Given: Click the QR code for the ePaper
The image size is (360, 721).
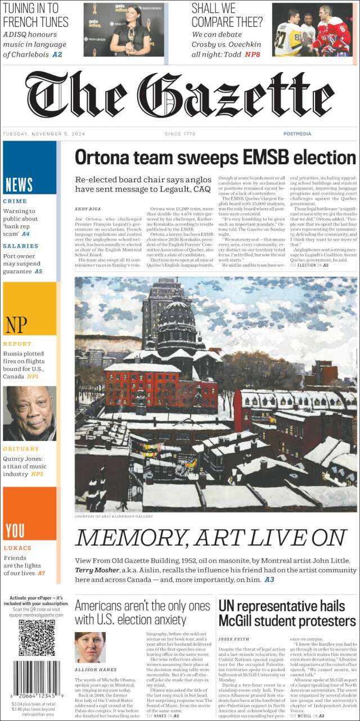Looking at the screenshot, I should [37, 638].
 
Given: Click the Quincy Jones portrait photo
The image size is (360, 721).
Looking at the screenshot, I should [29, 413].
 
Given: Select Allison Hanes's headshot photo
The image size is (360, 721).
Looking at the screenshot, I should [90, 647].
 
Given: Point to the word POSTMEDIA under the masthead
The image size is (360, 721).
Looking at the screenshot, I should [298, 134].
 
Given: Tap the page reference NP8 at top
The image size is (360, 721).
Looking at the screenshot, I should [252, 55].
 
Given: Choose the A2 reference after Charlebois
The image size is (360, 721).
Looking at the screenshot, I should [57, 55].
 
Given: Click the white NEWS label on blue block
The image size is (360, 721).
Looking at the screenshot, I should [19, 184].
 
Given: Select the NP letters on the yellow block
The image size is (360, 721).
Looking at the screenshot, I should [16, 325].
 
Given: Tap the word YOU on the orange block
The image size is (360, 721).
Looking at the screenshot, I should [15, 530].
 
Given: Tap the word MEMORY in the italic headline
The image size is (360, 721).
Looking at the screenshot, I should [124, 538].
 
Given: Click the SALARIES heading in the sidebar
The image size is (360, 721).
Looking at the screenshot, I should [21, 246].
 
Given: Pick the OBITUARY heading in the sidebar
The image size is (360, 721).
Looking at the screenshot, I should [21, 449].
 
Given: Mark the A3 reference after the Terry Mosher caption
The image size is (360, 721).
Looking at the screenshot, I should [269, 579].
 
